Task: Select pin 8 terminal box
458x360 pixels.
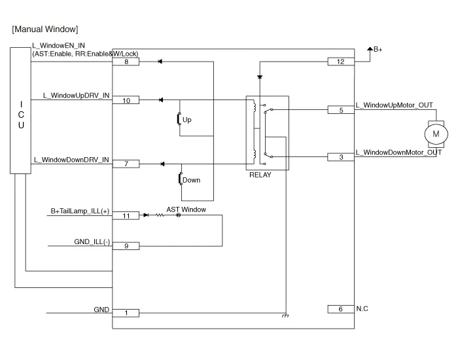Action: coord(126,62)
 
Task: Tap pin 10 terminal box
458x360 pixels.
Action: coord(126,100)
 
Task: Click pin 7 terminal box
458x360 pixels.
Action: coord(126,164)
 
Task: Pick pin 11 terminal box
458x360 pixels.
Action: coord(126,215)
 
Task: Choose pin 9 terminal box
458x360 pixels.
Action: coord(126,246)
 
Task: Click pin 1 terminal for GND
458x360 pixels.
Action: coord(126,313)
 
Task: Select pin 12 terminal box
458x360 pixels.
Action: coord(340,62)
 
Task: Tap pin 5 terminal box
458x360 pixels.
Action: coord(340,111)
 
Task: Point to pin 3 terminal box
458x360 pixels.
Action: coord(340,157)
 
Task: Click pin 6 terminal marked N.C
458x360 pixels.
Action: coord(340,309)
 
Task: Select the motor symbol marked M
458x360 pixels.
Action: coord(436,134)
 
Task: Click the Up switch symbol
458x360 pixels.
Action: coord(179,120)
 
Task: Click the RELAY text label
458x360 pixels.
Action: coord(260,175)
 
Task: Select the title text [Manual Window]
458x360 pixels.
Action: coord(45,29)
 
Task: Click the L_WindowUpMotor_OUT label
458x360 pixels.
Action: coord(393,105)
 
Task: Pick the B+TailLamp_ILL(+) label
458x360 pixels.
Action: coord(80,211)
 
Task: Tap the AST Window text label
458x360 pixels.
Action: coord(186,209)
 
